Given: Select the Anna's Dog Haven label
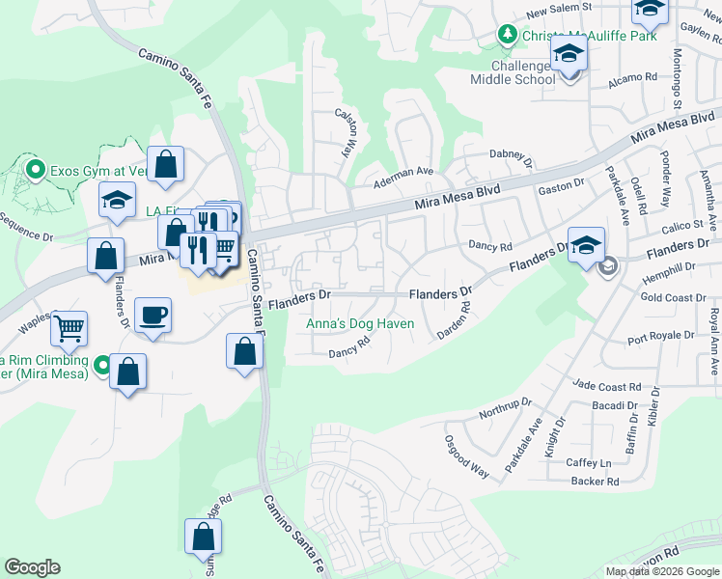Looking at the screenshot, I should click(361, 324).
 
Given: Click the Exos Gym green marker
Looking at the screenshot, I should click(36, 171).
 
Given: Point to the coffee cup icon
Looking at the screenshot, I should click(153, 315).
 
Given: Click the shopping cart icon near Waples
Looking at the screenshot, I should click(69, 328).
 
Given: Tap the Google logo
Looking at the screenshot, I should click(32, 567).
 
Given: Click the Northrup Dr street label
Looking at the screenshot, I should click(506, 408).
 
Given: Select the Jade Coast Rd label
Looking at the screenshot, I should click(604, 386).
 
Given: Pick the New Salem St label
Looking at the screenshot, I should click(559, 11).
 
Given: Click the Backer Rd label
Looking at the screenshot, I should click(594, 481).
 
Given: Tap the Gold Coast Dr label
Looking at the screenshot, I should click(673, 298).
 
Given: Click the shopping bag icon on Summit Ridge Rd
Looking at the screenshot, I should click(203, 536).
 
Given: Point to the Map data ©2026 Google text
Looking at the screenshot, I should click(661, 571).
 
